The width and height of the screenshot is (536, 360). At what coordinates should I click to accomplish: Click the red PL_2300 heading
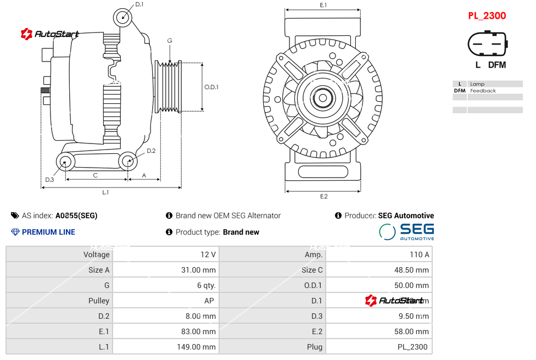coord(487,16)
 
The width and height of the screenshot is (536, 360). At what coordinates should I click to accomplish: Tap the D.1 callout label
coord(139,4)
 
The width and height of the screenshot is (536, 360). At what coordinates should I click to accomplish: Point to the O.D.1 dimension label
coord(211,87)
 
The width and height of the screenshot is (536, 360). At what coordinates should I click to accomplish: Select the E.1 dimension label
coord(323,5)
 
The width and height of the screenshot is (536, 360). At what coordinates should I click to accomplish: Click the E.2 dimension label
coord(323,197)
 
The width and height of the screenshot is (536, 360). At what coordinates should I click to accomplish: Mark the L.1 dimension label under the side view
coord(105,192)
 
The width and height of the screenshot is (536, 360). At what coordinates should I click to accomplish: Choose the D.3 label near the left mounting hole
coord(49,180)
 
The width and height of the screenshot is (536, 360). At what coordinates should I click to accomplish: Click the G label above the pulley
coord(170,41)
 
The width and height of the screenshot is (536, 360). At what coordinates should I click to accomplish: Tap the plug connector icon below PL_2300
coord(487,43)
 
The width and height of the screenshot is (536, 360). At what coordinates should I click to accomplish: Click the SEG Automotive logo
coord(407,231)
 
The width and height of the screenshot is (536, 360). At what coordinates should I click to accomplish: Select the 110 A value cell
coord(420,254)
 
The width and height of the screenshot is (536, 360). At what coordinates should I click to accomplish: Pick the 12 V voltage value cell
coord(208,254)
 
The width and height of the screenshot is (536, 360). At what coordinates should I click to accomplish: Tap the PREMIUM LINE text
coord(48,232)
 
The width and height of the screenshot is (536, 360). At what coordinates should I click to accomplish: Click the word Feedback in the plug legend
coord(483,91)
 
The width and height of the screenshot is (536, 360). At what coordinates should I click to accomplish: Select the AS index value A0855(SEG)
coord(76,215)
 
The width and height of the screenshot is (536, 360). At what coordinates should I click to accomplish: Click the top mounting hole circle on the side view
coord(123,17)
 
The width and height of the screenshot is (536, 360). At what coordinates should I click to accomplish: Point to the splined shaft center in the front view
coord(323,99)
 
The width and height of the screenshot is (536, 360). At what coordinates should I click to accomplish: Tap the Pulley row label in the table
coord(99,301)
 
